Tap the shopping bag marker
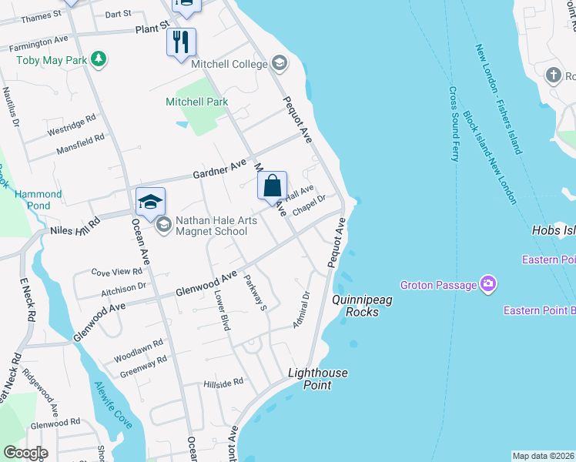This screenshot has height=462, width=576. pyautogui.click(x=272, y=186)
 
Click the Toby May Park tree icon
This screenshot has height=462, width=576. pyautogui.click(x=98, y=58)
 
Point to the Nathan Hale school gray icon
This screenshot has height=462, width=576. pyautogui.click(x=163, y=225)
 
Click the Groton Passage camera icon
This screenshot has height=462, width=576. pyautogui.click(x=487, y=285)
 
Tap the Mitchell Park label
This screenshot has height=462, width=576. pyautogui.click(x=197, y=102)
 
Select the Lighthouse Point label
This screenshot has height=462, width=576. pyautogui.click(x=318, y=379)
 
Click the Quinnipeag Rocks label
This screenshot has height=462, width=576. pyautogui.click(x=362, y=306)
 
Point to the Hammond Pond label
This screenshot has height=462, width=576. pyautogui.click(x=32, y=200)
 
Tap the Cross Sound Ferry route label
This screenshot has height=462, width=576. pyautogui.click(x=454, y=123)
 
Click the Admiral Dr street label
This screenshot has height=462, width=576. pyautogui.click(x=300, y=310)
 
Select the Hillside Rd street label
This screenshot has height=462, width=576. pyautogui.click(x=223, y=381)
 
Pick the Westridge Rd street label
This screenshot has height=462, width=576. pyautogui.click(x=71, y=126)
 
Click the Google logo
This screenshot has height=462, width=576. pyautogui.click(x=25, y=453)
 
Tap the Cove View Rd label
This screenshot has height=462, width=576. pyautogui.click(x=117, y=271)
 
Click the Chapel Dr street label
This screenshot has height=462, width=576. pyautogui.click(x=310, y=205)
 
